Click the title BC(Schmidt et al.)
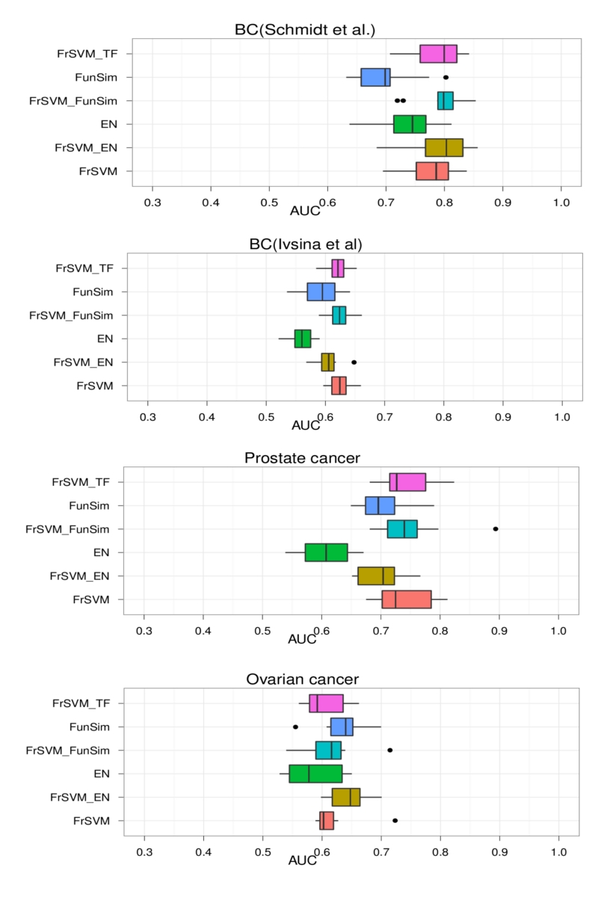pos(305,30)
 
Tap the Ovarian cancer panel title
pos(303,679)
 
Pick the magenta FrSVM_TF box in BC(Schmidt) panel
pos(438,54)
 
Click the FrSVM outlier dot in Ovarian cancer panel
pos(395,820)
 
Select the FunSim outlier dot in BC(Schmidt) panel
pos(446,77)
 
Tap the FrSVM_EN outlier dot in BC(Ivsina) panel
pos(354,362)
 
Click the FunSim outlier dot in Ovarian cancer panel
pos(295,727)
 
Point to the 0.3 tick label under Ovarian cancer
pos(144,851)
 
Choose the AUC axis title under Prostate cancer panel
pos(303,640)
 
